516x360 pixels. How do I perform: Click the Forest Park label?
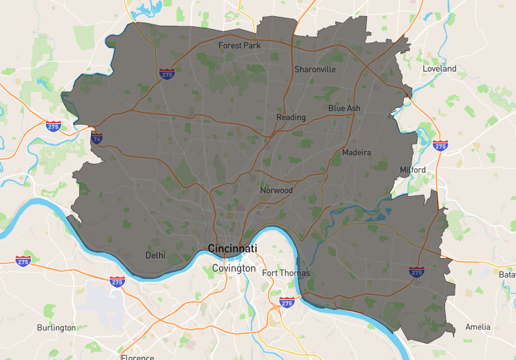click(239, 46)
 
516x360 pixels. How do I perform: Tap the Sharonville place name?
click(315, 69)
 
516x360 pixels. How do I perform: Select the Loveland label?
click(439, 68)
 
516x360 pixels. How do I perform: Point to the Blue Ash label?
click(344, 108)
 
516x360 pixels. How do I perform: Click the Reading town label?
click(291, 117)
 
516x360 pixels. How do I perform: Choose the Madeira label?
click(357, 152)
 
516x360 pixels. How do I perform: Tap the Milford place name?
click(413, 170)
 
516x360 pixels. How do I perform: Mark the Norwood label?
click(276, 190)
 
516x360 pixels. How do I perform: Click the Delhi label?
click(155, 255)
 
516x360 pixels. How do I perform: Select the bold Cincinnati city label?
click(232, 248)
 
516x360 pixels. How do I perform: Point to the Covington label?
click(234, 268)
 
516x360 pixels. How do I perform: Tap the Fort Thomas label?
click(286, 273)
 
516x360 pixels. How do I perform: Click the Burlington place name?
click(56, 328)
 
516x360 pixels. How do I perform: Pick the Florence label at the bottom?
click(137, 357)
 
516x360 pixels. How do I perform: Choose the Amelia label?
click(478, 326)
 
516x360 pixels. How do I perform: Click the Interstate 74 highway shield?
click(97, 137)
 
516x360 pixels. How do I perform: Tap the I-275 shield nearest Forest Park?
click(167, 74)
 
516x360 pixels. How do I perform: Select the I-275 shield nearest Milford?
click(441, 146)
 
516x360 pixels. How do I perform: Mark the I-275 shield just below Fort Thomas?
click(287, 302)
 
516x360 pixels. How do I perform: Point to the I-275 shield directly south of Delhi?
click(117, 281)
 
